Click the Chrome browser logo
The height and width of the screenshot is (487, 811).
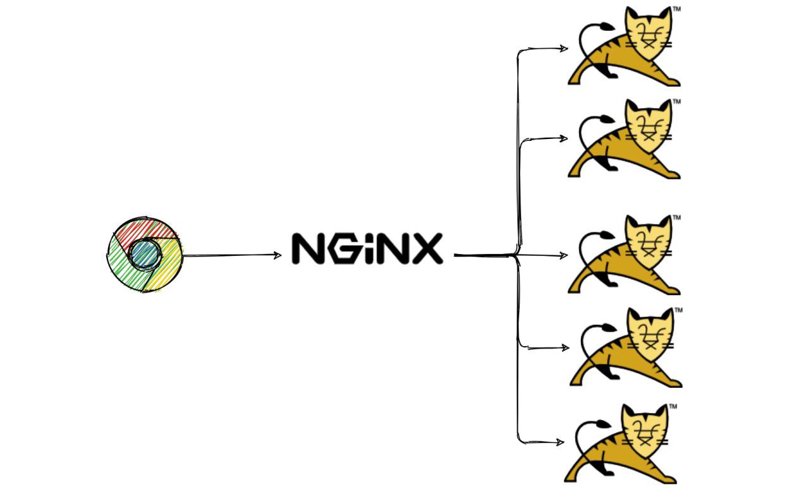[145, 255]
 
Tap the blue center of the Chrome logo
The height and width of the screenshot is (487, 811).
[145, 254]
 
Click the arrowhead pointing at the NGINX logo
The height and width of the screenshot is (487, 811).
[277, 255]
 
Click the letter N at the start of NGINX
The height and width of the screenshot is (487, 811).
[308, 248]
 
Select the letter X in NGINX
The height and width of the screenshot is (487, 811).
[427, 248]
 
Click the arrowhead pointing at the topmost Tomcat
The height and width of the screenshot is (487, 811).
[564, 48]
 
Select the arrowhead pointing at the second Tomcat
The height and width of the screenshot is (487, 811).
[563, 138]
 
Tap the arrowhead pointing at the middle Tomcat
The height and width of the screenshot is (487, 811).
[563, 255]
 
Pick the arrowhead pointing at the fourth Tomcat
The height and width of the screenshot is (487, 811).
[565, 347]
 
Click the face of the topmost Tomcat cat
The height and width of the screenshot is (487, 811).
[649, 34]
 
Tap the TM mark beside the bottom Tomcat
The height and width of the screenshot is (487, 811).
[673, 406]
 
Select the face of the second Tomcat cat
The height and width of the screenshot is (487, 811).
[649, 126]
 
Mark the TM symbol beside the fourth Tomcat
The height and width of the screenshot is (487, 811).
[678, 310]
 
